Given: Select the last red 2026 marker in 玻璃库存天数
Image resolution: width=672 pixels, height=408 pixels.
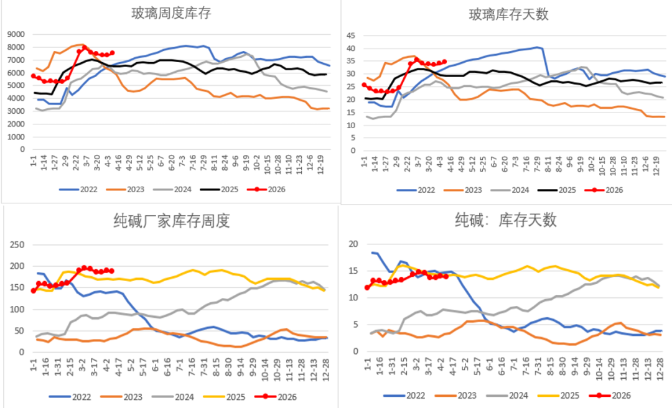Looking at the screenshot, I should [444, 62].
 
